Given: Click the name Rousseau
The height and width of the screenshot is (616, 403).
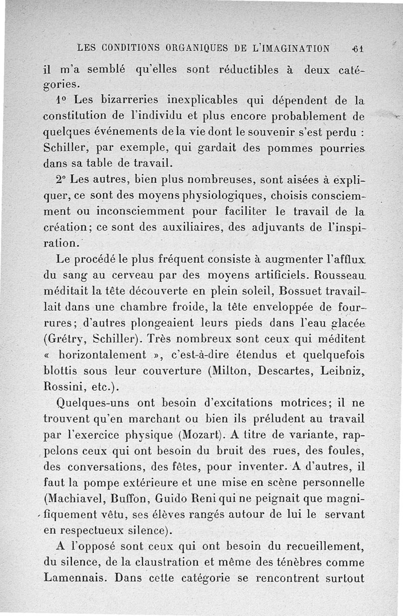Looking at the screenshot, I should pos(340,276).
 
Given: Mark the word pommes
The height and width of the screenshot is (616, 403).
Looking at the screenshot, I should pos(288,148).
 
